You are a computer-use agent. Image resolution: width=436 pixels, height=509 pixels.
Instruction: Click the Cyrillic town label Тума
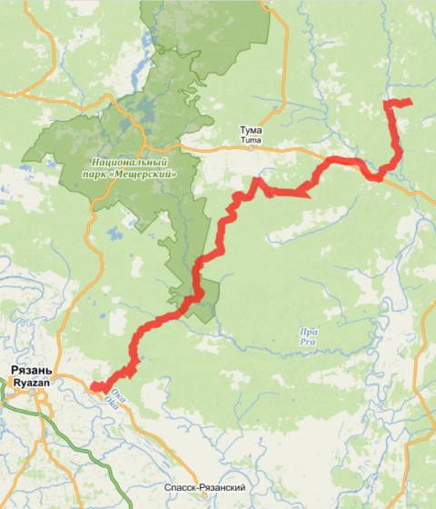pyautogui.click(x=250, y=131)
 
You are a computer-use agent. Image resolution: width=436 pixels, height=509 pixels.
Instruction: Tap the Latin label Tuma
pyautogui.click(x=250, y=141)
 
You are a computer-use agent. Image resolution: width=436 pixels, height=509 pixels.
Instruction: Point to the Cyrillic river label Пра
pyautogui.click(x=308, y=333)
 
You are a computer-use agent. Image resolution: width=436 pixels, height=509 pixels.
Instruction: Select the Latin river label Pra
pyautogui.click(x=308, y=343)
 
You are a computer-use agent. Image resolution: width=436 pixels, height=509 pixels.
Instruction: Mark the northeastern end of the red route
pyautogui.click(x=410, y=101)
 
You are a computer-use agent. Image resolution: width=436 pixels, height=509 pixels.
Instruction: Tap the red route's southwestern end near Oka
pyautogui.click(x=95, y=388)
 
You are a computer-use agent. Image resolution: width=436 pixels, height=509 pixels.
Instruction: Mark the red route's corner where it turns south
pyautogui.click(x=390, y=105)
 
